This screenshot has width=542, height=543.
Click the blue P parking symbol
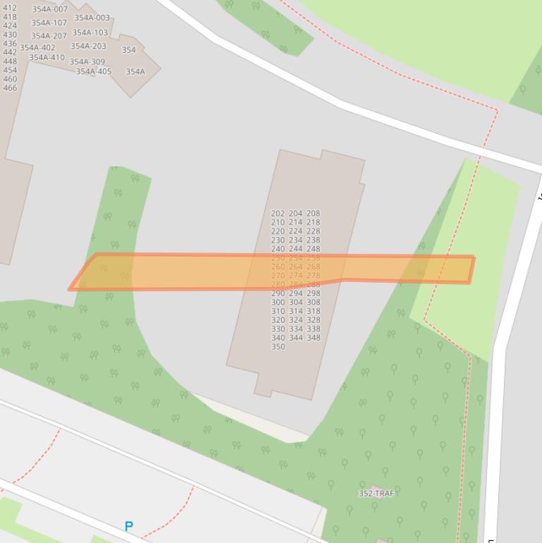tap(128, 526)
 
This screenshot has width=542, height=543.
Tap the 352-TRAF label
tap(376, 494)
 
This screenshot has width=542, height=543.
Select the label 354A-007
tap(50, 10)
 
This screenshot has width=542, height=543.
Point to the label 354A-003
tap(92, 18)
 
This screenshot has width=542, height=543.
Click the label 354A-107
tap(49, 23)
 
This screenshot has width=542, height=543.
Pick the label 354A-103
tap(90, 32)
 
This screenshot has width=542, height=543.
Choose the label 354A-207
tap(49, 36)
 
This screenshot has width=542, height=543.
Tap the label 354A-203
tap(89, 47)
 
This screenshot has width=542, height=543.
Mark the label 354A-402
tap(38, 48)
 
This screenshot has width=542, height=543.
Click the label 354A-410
tap(47, 58)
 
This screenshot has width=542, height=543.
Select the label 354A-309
tap(87, 62)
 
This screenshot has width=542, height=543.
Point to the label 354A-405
tap(94, 71)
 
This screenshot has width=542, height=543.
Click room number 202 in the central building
tap(278, 213)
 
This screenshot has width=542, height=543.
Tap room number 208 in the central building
tap(313, 213)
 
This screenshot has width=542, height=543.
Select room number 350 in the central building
tap(278, 347)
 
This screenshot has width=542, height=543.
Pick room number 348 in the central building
tap(313, 338)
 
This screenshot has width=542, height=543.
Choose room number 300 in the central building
tap(278, 302)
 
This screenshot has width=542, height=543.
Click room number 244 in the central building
tap(295, 249)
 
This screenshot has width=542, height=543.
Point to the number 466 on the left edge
tap(10, 88)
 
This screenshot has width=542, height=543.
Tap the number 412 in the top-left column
tap(10, 8)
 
